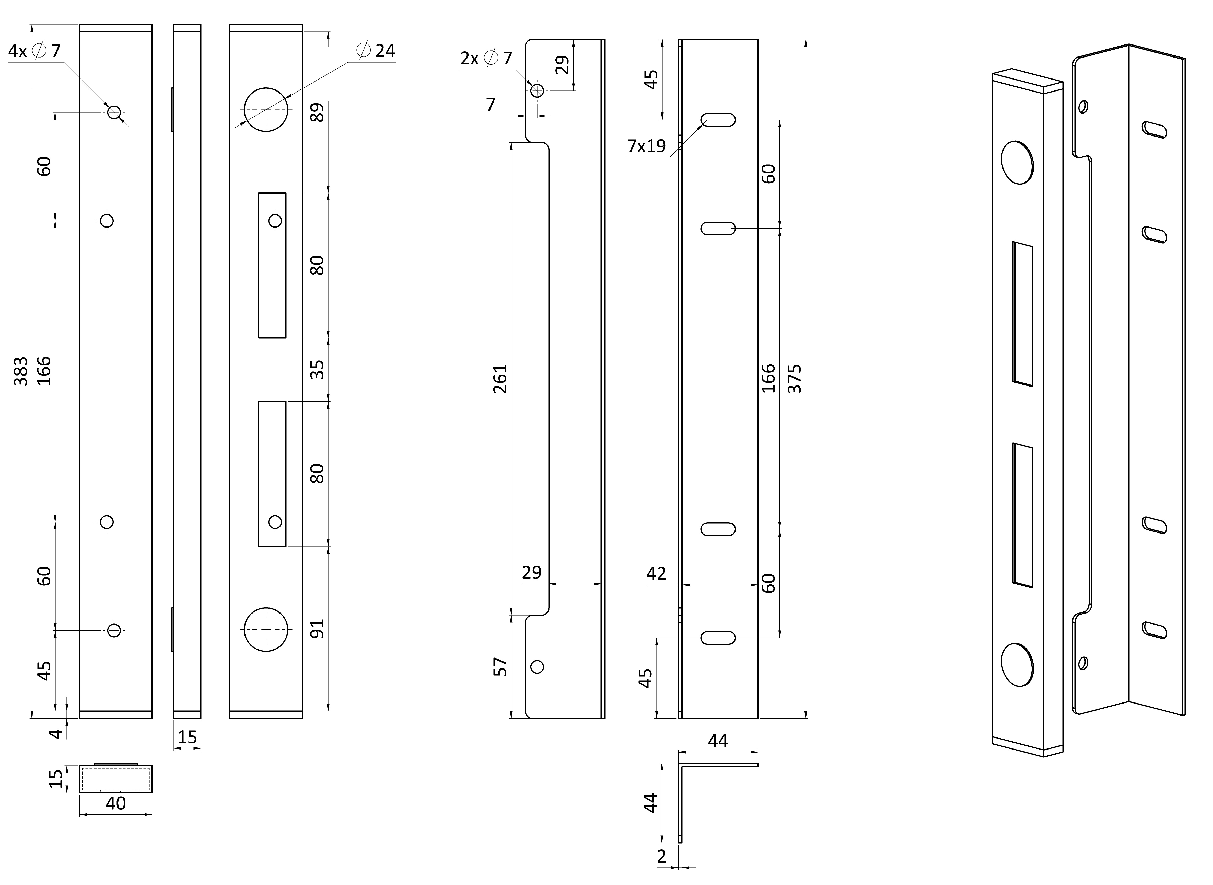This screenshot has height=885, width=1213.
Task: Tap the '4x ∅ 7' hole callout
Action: pos(34,51)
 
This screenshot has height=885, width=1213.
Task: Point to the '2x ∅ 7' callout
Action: pos(486,58)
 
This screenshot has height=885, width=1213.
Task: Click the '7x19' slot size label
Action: pos(647,146)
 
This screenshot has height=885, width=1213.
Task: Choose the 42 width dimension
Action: pos(656,574)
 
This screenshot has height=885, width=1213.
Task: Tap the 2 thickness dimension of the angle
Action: pos(662,857)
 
